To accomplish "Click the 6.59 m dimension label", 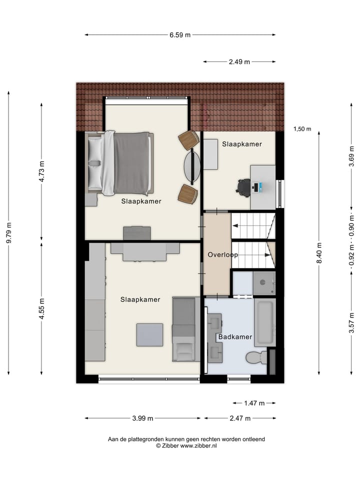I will pyautogui.click(x=180, y=35).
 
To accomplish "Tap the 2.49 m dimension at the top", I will pyautogui.click(x=239, y=62).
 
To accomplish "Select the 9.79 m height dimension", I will pyautogui.click(x=8, y=233).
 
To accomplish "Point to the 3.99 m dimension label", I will pyautogui.click(x=142, y=418).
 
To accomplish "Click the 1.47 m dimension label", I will pyautogui.click(x=254, y=403).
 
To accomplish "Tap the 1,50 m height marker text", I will pyautogui.click(x=302, y=129).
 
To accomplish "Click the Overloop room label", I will pyautogui.click(x=222, y=254).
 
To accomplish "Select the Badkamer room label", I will pyautogui.click(x=235, y=337).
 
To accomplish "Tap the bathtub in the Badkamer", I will pyautogui.click(x=264, y=322).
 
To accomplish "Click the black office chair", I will pyautogui.click(x=243, y=187).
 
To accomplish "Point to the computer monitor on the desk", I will pyautogui.click(x=256, y=188).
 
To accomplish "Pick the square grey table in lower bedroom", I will pyautogui.click(x=150, y=335).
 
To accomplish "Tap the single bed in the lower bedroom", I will pyautogui.click(x=184, y=328).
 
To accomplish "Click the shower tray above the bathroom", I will pyautogui.click(x=263, y=283).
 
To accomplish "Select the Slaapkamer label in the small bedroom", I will pyautogui.click(x=242, y=144).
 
